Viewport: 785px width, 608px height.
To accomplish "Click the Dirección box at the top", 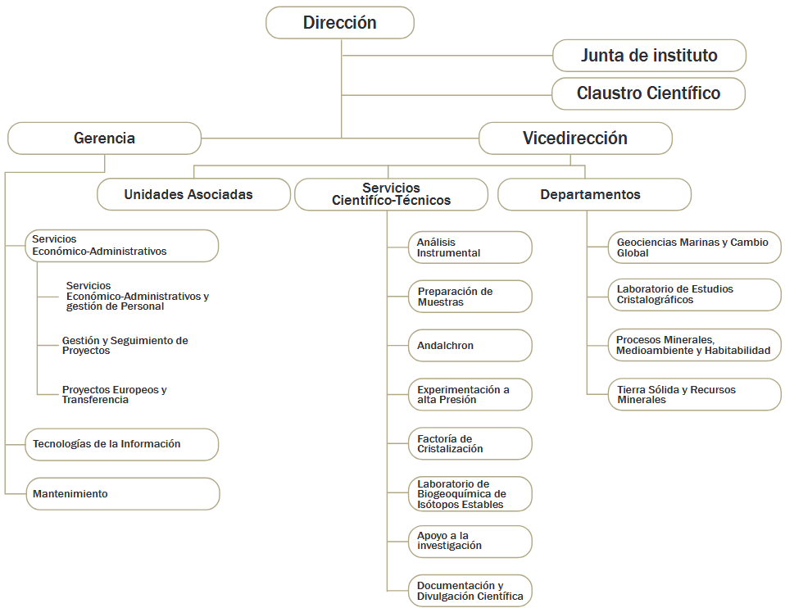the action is [340, 23].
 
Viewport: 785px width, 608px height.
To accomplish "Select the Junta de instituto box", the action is [649, 56].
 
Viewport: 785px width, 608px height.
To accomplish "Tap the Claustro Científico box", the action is [648, 93].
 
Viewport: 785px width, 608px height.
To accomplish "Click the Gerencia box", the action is [104, 138].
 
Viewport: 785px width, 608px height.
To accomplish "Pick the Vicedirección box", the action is [575, 138].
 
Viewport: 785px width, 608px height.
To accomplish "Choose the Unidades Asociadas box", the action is [193, 194].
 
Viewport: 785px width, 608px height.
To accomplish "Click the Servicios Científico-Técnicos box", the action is [391, 194].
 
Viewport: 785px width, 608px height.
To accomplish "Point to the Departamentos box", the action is [594, 194].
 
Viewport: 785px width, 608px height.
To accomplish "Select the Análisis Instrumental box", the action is [470, 247].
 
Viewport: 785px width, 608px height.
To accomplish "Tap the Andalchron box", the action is [470, 346].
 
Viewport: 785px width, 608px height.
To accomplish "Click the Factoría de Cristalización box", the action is [470, 444].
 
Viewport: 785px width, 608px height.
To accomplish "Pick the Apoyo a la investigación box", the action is [470, 542].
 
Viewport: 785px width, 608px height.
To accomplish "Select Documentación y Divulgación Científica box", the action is [470, 591].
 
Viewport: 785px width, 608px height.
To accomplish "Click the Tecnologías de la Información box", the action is [121, 444].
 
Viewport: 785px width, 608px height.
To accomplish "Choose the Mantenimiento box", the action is [123, 494].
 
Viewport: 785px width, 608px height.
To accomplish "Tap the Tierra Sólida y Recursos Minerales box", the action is [695, 395].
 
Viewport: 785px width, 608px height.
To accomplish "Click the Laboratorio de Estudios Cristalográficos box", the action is [695, 294].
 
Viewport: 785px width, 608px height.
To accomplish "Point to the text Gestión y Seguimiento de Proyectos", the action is [125, 346].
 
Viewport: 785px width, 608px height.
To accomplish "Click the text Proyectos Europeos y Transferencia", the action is [114, 395].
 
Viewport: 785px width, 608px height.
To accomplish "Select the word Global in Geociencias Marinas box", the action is [633, 253].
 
